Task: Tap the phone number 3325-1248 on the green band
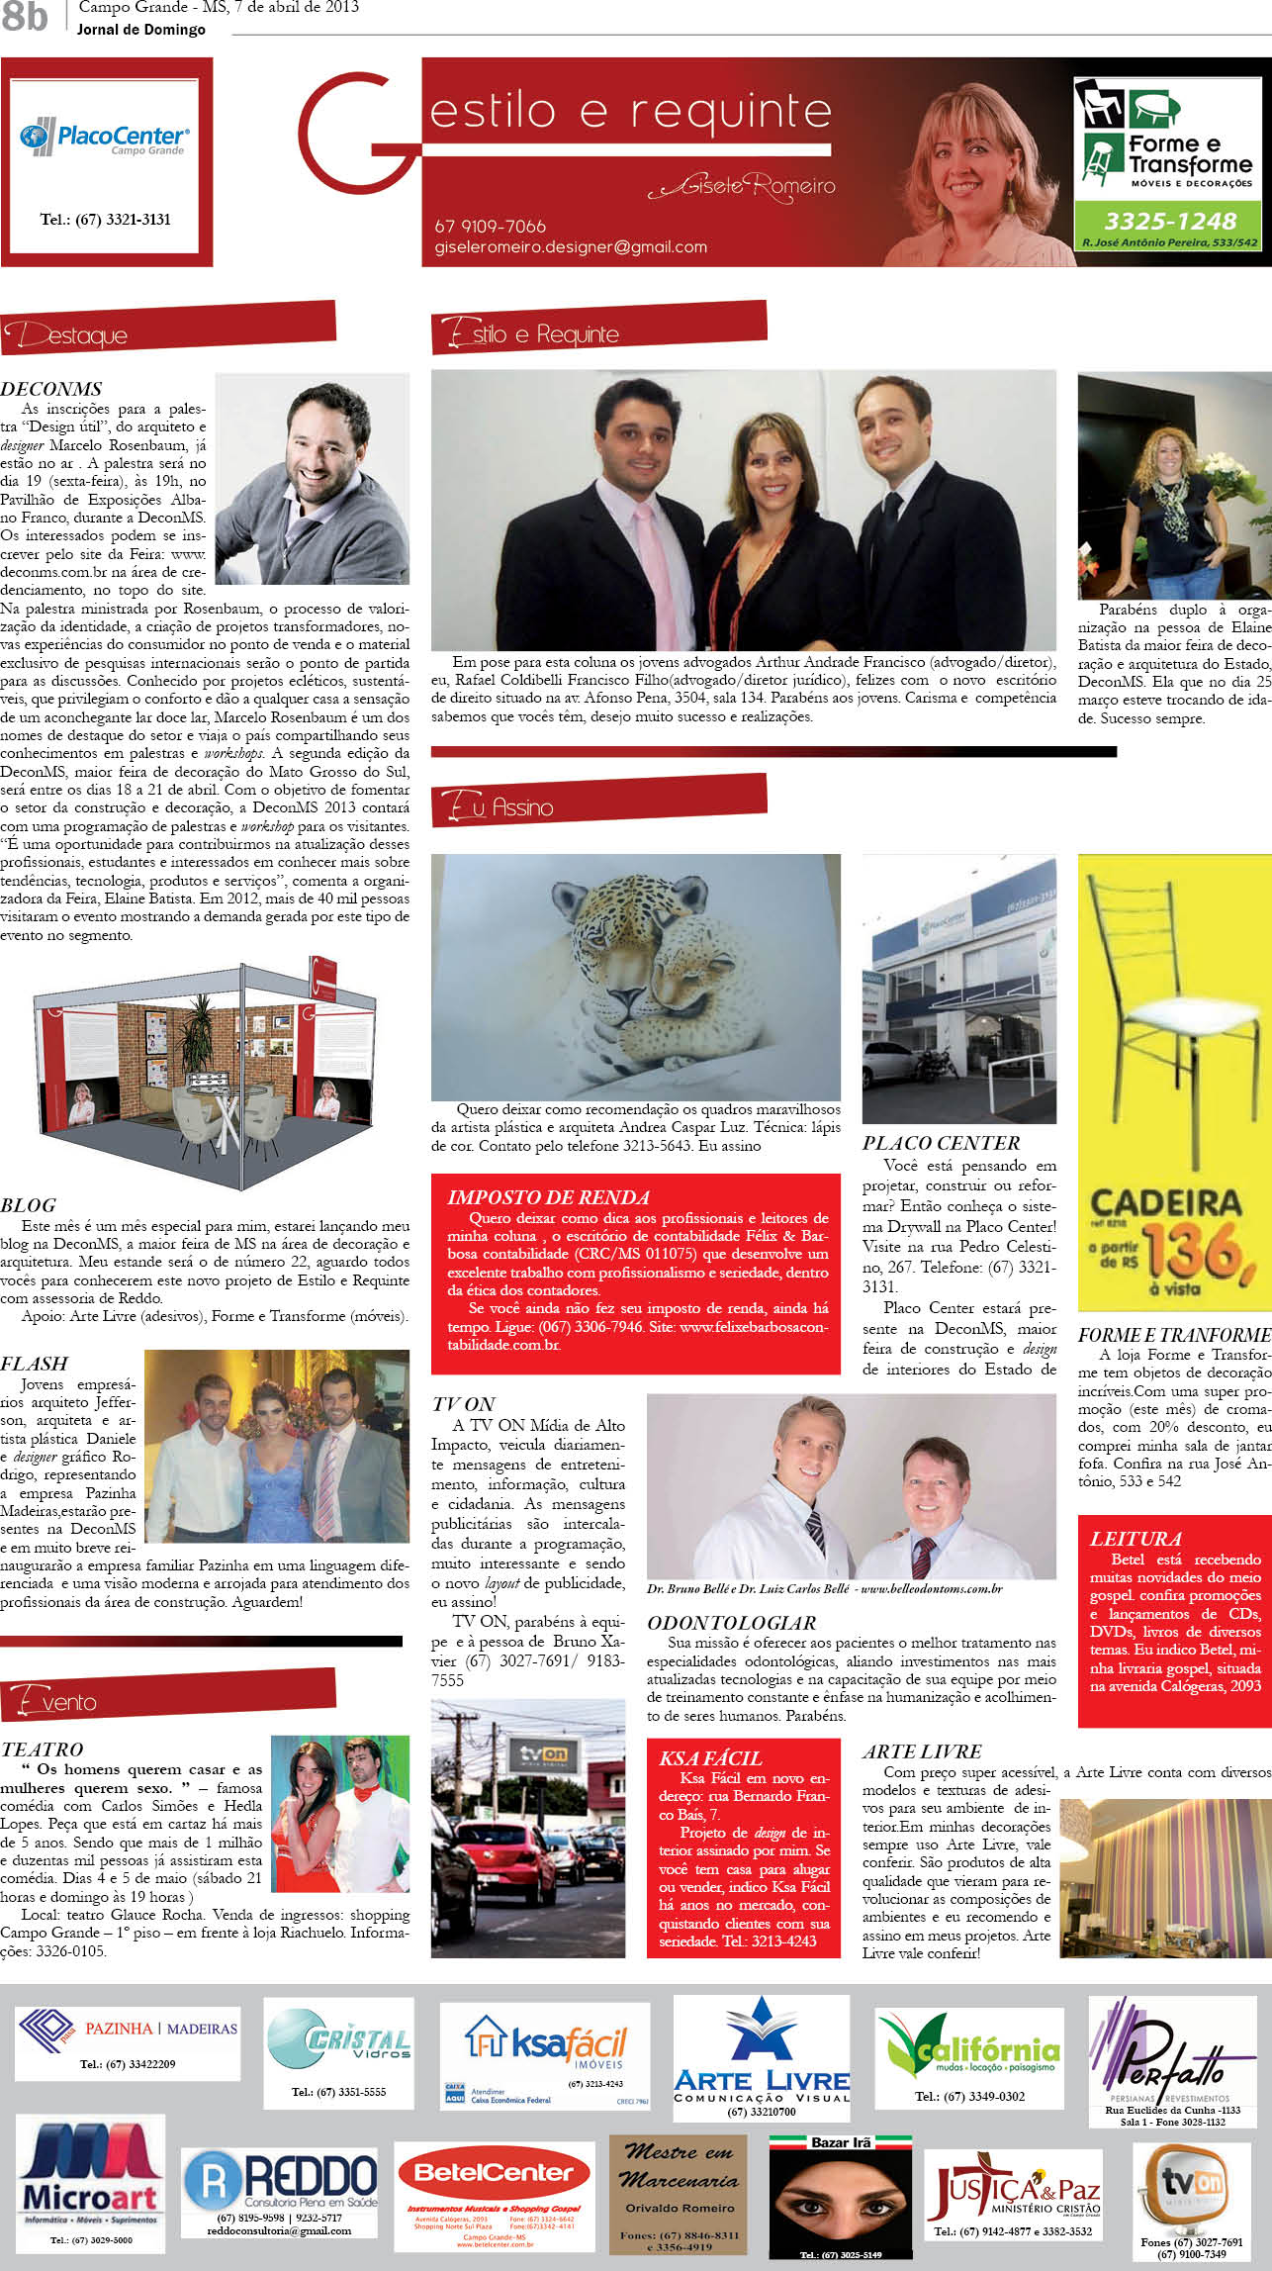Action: tap(1170, 221)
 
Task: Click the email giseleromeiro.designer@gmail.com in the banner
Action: tap(571, 247)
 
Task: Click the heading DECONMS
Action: tap(51, 389)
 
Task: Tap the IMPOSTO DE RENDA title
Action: tap(548, 1197)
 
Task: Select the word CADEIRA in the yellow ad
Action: tap(1165, 1203)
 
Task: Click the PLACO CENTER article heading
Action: tap(941, 1143)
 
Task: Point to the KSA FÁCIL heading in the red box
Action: tap(710, 1757)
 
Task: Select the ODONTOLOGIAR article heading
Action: tap(732, 1623)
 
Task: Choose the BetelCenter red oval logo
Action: tap(494, 2172)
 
